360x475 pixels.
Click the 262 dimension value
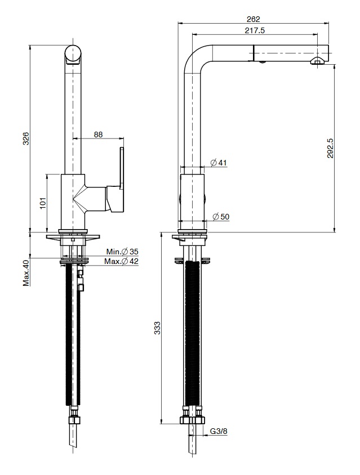(x=254, y=19)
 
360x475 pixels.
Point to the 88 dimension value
(x=98, y=134)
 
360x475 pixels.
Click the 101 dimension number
(x=42, y=203)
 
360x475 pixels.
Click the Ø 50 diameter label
(x=221, y=217)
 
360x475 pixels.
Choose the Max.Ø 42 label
(x=121, y=261)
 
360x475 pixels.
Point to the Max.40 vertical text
(x=26, y=272)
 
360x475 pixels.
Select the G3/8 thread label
(x=219, y=432)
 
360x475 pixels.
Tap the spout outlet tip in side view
(x=319, y=60)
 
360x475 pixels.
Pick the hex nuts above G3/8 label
(x=192, y=419)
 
